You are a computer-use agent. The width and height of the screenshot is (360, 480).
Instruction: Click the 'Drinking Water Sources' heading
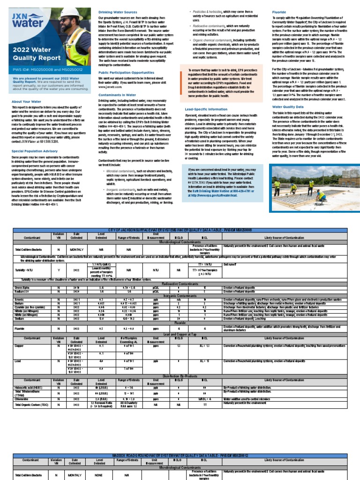coord(117,12)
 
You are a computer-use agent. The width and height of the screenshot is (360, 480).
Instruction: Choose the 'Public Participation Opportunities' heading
coord(126,73)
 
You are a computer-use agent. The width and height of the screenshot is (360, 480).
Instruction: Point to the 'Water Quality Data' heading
coord(287,106)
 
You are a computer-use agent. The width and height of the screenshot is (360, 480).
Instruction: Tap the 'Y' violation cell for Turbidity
coord(58,270)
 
